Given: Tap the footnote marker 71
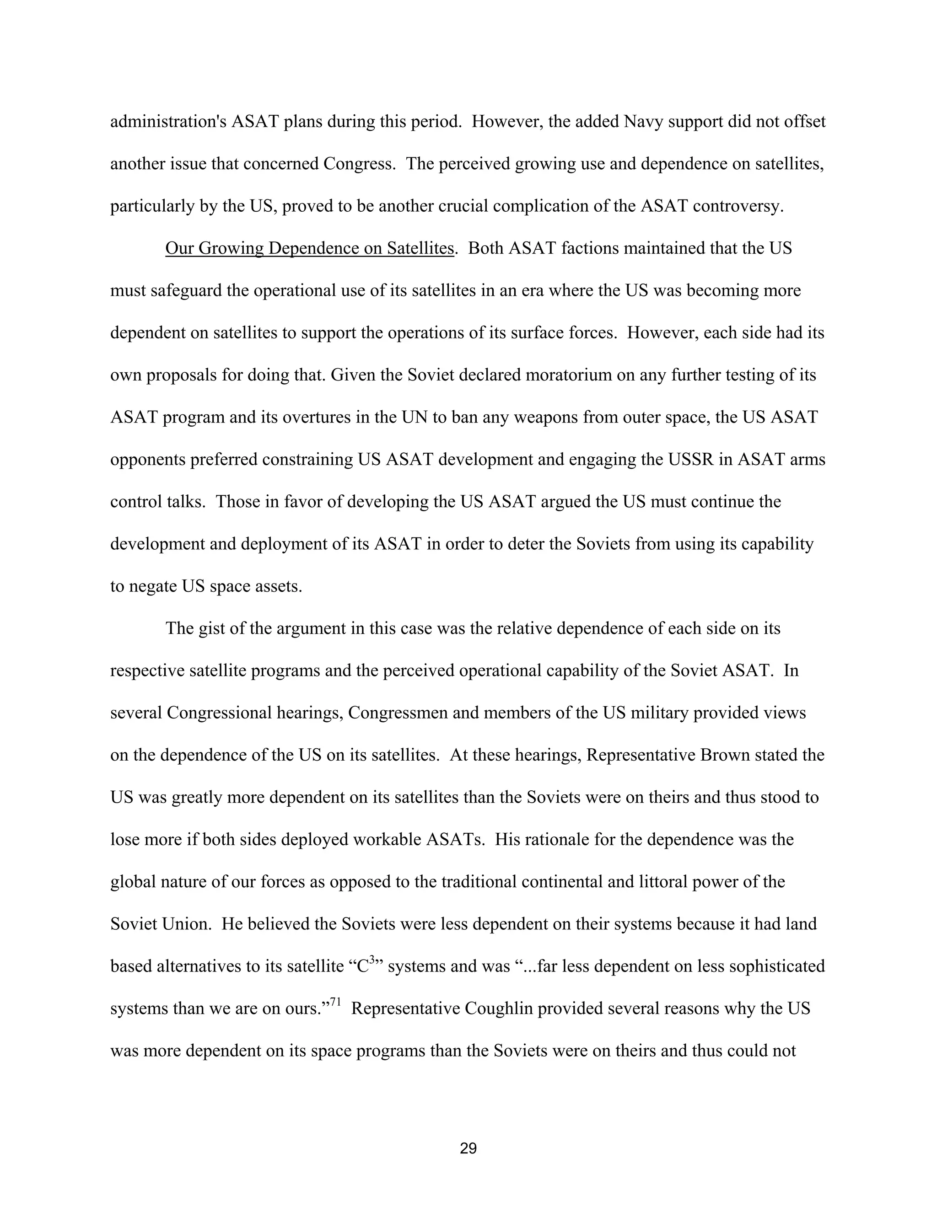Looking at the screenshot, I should [x=335, y=1002].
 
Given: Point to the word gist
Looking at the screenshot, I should [x=211, y=628].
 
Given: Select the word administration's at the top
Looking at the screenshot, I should [x=167, y=122].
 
